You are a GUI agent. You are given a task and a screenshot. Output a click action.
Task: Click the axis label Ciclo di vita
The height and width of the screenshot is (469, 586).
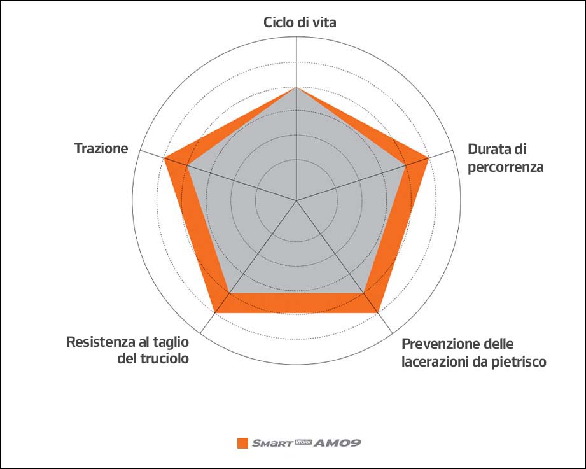click(300, 22)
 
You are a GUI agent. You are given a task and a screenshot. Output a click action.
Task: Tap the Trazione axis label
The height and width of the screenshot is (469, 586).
click(101, 149)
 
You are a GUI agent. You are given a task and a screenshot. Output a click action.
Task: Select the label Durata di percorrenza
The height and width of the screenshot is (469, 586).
click(505, 158)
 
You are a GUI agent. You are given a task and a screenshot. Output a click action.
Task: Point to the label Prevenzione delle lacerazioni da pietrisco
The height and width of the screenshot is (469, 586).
click(474, 353)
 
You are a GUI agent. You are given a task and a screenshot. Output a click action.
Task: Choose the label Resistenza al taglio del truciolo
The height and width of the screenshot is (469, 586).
click(127, 350)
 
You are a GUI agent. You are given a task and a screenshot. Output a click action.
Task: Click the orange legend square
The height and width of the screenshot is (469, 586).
click(242, 443)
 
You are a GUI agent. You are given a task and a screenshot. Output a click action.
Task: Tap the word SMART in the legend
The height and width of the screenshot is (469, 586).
click(270, 443)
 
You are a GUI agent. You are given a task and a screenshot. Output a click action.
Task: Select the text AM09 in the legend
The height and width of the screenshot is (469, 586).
click(338, 443)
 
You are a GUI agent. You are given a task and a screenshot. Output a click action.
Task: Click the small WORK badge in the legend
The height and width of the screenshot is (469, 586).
click(302, 441)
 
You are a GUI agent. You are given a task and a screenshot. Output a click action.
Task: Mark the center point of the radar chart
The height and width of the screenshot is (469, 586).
click(296, 200)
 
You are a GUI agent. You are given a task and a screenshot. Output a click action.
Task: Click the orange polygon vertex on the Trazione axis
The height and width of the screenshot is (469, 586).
click(165, 158)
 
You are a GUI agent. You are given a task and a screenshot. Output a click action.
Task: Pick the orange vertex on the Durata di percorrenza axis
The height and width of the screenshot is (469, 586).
click(428, 158)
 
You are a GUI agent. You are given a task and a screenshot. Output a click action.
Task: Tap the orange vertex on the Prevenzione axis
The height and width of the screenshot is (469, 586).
click(378, 312)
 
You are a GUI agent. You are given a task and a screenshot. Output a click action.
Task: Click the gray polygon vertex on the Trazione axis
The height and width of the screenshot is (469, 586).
click(187, 165)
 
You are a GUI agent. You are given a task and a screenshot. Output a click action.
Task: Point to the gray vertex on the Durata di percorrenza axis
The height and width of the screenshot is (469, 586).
click(406, 165)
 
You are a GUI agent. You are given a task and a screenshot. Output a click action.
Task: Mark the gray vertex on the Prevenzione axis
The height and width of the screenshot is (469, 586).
click(364, 293)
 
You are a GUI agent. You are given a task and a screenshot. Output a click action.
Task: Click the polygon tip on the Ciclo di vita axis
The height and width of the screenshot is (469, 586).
click(296, 87)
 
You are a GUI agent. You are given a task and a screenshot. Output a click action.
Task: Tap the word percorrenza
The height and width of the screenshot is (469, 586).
click(505, 167)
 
